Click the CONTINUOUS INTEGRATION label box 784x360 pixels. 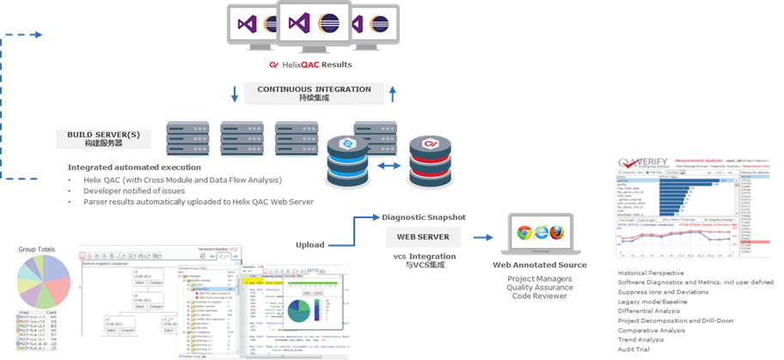pyautogui.click(x=315, y=93)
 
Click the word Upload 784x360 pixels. pyautogui.click(x=311, y=245)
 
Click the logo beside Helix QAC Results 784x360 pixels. pyautogui.click(x=273, y=64)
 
